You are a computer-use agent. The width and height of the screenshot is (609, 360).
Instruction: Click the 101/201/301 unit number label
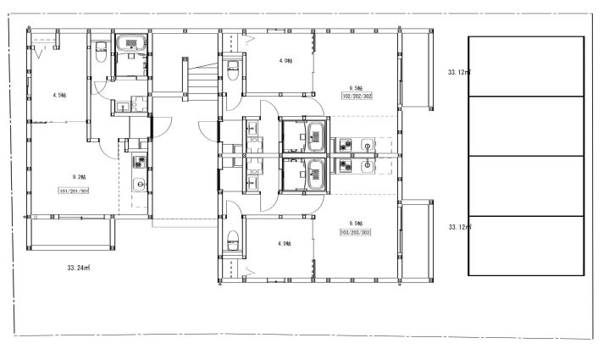coord(74,191)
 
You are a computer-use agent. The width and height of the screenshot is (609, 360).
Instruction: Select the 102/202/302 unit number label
coord(357,96)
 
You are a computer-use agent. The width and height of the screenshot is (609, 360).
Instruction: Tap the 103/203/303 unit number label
coord(356,232)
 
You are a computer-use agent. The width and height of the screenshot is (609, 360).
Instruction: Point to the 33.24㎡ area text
coord(79,268)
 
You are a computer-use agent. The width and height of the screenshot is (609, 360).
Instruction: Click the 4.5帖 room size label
coord(59,95)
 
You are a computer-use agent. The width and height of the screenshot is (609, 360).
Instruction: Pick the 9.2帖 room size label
coord(79,177)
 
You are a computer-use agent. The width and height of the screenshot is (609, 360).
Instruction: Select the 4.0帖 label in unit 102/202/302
coord(285,61)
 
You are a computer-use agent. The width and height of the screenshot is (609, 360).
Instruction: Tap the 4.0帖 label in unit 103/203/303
coord(285,244)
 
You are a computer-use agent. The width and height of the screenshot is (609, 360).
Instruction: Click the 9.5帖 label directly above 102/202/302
coord(356,88)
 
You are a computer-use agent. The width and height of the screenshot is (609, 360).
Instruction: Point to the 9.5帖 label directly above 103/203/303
coord(356,224)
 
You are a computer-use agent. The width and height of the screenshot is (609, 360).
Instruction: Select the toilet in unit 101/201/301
coord(101,52)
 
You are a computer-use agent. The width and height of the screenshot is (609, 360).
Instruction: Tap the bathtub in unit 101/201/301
coord(131,43)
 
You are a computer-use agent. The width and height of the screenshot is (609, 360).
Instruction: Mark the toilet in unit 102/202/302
coord(233,70)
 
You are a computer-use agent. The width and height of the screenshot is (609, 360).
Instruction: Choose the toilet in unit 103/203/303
coord(233,241)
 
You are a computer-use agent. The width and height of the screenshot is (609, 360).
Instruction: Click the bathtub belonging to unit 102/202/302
coord(316,136)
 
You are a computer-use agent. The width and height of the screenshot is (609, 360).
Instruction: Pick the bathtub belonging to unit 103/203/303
coord(316,174)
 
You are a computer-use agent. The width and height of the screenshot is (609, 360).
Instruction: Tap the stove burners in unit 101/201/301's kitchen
coord(139,162)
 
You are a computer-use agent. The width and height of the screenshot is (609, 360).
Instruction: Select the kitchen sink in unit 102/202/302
coord(367,145)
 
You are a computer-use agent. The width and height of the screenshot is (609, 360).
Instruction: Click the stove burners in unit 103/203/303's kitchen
coord(345,166)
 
